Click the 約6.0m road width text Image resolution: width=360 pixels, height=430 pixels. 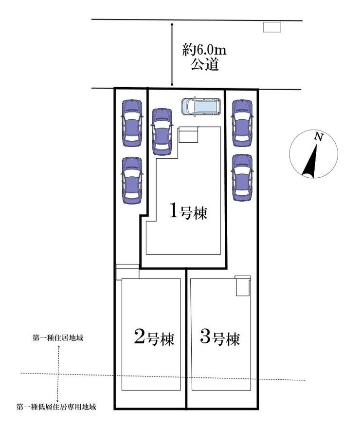click(204, 50)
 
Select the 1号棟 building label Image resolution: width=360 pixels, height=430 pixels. click(188, 211)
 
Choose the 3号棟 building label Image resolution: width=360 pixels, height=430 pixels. click(220, 337)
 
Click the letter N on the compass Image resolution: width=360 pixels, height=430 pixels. click(318, 136)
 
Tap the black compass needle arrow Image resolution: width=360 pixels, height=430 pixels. click(311, 161)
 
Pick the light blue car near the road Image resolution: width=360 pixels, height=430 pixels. click(201, 107)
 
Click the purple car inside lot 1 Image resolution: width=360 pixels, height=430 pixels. click(162, 131)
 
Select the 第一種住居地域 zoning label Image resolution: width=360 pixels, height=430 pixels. click(57, 338)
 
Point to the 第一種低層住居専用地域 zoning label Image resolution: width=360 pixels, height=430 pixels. click(56, 407)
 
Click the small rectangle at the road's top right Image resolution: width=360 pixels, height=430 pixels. click(272, 27)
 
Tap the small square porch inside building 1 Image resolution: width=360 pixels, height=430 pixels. click(188, 134)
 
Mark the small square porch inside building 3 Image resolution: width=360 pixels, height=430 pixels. click(243, 286)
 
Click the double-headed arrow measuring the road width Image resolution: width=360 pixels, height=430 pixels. click(172, 55)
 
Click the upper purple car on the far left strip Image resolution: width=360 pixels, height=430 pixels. click(132, 122)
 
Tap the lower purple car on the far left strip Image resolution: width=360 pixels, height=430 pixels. click(132, 180)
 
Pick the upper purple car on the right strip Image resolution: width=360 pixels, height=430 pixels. click(242, 123)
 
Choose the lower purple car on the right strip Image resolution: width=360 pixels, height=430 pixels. click(242, 177)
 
